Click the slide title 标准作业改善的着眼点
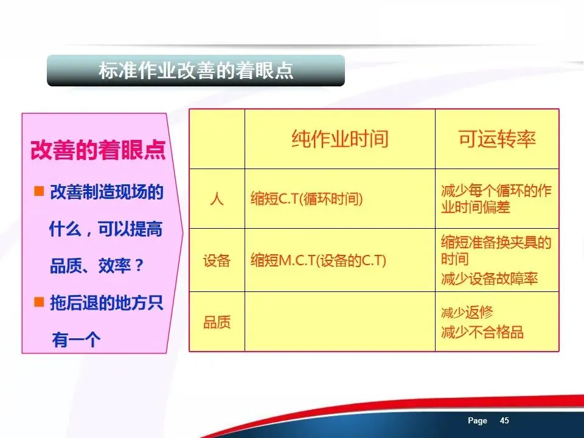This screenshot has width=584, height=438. coord(196,71)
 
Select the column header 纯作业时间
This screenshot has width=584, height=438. coord(339,139)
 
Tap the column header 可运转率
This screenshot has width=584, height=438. coord(497,139)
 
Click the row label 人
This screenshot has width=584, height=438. coord(217,199)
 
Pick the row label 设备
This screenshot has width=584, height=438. coord(217,260)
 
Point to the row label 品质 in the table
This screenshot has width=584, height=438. coord(217,322)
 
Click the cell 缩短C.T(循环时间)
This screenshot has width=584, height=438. coord(307,199)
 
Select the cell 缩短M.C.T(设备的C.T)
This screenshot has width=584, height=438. coord(318,260)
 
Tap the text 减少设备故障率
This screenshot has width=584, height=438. coord(489,279)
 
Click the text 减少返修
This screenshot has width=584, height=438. coord(467,313)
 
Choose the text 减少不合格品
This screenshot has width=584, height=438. coord(482,332)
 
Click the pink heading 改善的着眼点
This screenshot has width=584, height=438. coord(98,150)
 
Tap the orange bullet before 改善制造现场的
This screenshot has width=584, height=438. coord(39,191)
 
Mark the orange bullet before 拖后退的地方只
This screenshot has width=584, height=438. coord(39,302)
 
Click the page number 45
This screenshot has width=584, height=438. coord(504,420)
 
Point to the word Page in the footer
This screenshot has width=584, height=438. coord(478,420)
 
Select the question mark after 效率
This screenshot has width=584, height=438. coord(139,265)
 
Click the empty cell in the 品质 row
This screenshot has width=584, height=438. coord(339,321)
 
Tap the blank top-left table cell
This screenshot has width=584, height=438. coord(217,139)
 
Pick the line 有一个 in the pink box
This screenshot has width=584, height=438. coord(77,339)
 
